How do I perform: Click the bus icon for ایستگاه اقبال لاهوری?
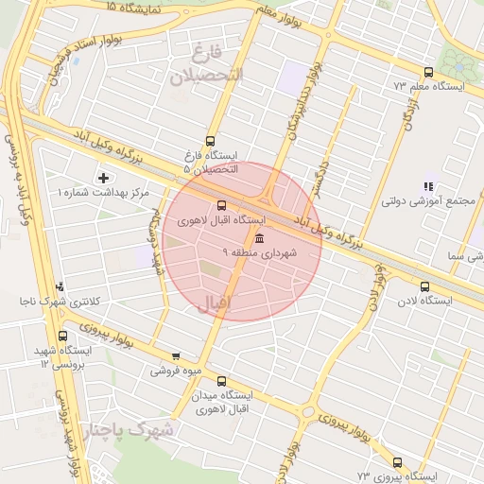(x=222, y=205)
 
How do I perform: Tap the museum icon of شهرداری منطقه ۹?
(x=259, y=237)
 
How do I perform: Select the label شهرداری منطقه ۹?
(x=260, y=252)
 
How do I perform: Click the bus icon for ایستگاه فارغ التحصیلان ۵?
(x=210, y=139)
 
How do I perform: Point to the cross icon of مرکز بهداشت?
(x=103, y=177)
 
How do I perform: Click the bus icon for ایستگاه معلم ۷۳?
(x=428, y=72)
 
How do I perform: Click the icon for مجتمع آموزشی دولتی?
(x=427, y=186)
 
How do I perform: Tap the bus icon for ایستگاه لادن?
(x=423, y=285)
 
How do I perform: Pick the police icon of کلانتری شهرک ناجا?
(x=60, y=285)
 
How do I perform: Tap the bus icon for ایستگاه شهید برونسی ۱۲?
(x=63, y=336)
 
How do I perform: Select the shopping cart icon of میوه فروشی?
(x=176, y=356)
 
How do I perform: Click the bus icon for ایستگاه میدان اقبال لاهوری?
(x=221, y=381)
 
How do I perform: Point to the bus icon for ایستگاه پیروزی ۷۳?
(x=396, y=463)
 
